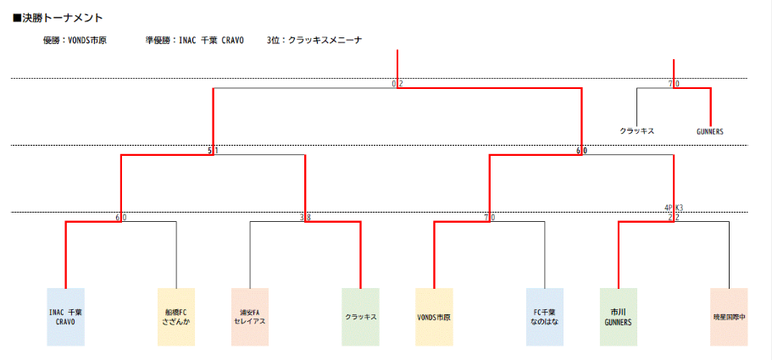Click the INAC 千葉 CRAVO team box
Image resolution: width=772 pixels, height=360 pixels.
point(65,317)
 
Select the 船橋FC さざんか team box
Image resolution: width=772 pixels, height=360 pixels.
point(176,317)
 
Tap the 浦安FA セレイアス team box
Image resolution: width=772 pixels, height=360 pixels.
point(250,317)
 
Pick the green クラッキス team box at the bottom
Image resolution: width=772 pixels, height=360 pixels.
point(360,317)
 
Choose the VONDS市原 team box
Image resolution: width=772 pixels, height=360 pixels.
point(434,317)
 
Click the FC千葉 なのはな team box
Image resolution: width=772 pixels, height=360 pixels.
point(544,317)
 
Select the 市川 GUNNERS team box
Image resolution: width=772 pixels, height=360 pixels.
point(619,317)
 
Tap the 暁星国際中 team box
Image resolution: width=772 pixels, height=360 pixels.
point(729,317)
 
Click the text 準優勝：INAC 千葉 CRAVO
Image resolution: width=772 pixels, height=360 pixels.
point(194,40)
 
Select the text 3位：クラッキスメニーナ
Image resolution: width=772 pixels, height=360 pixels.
point(314,40)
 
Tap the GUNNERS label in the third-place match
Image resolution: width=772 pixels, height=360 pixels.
point(710,131)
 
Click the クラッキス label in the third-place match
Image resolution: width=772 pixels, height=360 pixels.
point(636,131)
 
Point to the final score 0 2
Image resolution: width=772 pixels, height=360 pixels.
point(397,84)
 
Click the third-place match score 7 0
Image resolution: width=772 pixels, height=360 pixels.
point(674,84)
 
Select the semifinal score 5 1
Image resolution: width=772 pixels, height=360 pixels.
point(213,151)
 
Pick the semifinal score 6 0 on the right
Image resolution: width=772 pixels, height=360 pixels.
point(581,151)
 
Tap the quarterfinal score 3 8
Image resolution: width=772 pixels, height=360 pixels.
point(305,218)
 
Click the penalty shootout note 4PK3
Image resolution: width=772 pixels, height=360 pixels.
point(674,207)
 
